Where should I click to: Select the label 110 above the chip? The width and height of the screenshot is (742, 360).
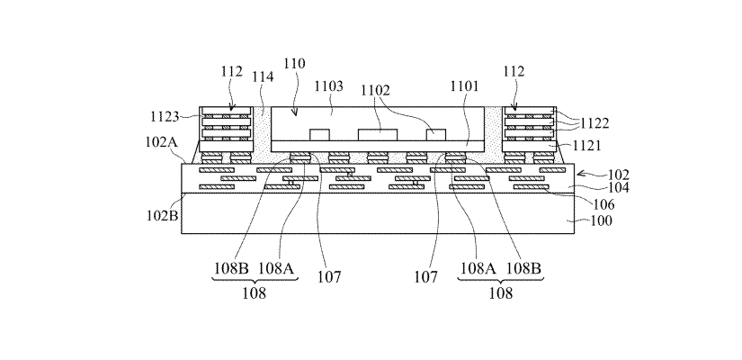294,64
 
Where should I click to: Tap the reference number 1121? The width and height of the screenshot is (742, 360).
578,144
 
